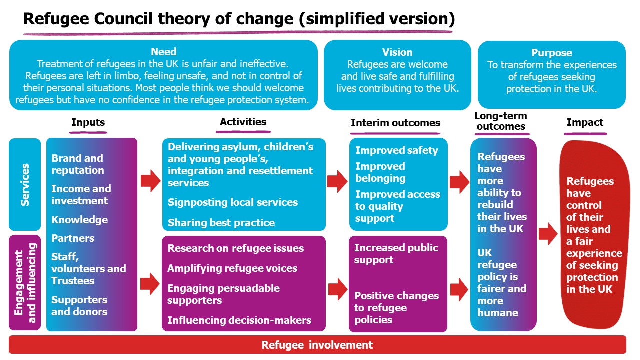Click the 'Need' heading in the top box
click(x=163, y=52)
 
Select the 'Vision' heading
click(x=397, y=52)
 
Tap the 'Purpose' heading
click(x=552, y=53)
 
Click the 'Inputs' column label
click(x=88, y=123)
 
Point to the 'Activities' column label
click(x=243, y=122)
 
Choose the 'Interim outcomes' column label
click(x=395, y=123)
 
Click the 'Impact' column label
click(x=585, y=122)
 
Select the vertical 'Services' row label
click(x=25, y=185)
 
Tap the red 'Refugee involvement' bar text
click(x=317, y=345)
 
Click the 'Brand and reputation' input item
click(x=77, y=164)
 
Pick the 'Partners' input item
click(x=73, y=238)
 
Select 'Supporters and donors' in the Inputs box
click(x=79, y=306)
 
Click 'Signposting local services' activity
click(x=233, y=202)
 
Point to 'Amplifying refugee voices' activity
click(x=232, y=268)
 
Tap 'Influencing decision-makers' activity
click(x=239, y=320)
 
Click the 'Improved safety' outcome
click(x=396, y=150)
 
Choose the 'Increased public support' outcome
click(x=396, y=254)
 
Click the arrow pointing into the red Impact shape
click(x=548, y=234)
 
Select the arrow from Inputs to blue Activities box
click(x=150, y=181)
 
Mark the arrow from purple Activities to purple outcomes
click(x=338, y=289)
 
